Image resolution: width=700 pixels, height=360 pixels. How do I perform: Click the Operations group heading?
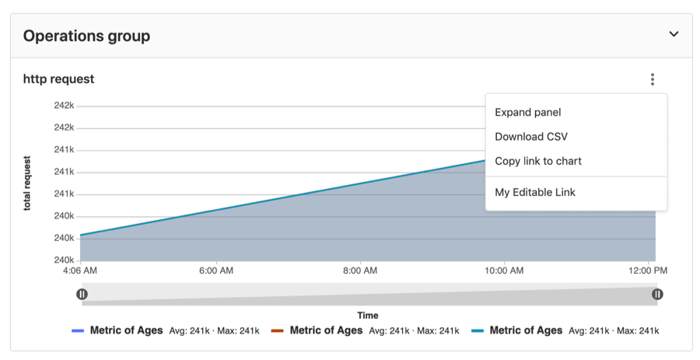coord(86,36)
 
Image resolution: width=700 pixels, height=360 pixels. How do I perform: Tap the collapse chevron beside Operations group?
coord(674,34)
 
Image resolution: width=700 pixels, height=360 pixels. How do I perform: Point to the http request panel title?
coord(58,79)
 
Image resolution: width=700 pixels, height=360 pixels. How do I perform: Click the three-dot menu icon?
coord(653,79)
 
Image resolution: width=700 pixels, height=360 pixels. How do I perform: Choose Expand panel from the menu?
coord(527,113)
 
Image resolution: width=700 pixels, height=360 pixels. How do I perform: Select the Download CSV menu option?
coord(531,137)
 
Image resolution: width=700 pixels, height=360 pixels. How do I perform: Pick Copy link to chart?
coord(538,161)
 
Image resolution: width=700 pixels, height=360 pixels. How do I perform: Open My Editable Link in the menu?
coord(535,192)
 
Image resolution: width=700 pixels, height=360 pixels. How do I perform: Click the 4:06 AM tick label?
coord(80,271)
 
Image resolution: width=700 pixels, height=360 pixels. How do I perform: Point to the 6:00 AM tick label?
coord(216,271)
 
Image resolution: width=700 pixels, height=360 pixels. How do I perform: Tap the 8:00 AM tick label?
coord(360,271)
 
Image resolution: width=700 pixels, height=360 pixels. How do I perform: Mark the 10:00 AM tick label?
coord(504,271)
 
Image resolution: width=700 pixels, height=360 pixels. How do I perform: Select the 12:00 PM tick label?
coord(648,271)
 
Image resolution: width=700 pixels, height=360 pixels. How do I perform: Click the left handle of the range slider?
coord(82,294)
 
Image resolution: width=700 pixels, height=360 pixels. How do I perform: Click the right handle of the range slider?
coord(657,294)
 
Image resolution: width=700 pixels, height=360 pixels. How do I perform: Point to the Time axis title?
coord(368,315)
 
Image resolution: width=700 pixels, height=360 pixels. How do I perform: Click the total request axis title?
coord(27,183)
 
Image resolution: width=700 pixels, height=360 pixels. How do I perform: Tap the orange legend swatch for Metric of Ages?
coord(278,330)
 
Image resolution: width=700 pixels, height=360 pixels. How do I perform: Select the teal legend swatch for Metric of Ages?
coord(478,330)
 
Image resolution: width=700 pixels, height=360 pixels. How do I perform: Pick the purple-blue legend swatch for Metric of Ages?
coord(78,330)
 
